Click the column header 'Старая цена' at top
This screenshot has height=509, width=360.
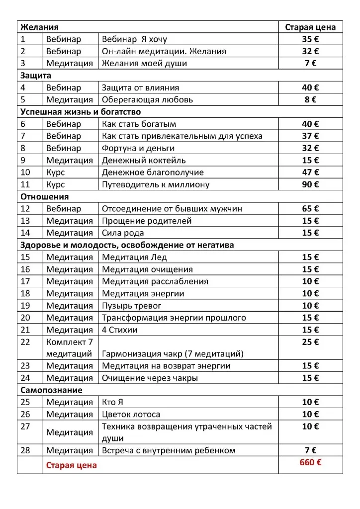pyautogui.click(x=310, y=27)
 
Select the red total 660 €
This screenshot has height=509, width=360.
pyautogui.click(x=310, y=462)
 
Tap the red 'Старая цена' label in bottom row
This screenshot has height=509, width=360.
pyautogui.click(x=72, y=466)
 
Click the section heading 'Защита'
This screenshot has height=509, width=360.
pyautogui.click(x=36, y=76)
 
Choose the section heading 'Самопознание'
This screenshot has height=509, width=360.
pyautogui.click(x=51, y=390)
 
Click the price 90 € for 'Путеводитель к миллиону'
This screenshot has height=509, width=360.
pyautogui.click(x=310, y=184)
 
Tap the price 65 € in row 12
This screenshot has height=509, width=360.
pyautogui.click(x=310, y=209)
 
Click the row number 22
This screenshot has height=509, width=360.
pyautogui.click(x=26, y=342)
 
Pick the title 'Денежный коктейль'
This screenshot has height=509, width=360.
pyautogui.click(x=144, y=160)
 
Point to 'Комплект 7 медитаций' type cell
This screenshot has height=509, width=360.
pyautogui.click(x=70, y=348)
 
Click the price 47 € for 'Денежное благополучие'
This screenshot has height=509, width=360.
pyautogui.click(x=310, y=172)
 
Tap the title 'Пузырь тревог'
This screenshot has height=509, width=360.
pyautogui.click(x=132, y=306)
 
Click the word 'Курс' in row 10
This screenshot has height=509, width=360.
pyautogui.click(x=56, y=172)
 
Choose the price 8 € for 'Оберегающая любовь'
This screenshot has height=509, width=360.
pyautogui.click(x=310, y=99)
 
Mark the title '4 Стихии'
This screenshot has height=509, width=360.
pyautogui.click(x=120, y=330)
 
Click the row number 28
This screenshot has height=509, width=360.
pyautogui.click(x=26, y=450)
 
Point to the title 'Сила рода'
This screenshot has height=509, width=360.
pyautogui.click(x=123, y=233)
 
